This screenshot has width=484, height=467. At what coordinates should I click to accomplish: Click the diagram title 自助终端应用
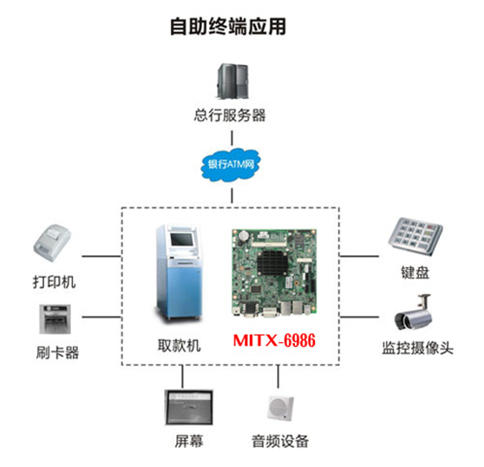click(x=228, y=27)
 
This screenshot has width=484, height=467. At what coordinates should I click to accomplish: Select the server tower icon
click(x=233, y=81)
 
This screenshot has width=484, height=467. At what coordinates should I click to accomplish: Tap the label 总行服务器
click(x=230, y=115)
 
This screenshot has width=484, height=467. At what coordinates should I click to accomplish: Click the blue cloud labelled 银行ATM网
click(x=231, y=165)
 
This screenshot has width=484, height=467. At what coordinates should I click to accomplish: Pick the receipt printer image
click(x=52, y=243)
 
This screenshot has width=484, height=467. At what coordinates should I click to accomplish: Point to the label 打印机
click(x=55, y=282)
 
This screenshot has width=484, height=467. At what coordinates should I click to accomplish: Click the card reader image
click(x=55, y=319)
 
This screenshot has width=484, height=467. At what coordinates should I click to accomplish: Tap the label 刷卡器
click(x=57, y=352)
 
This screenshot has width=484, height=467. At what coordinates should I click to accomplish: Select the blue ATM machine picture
click(x=179, y=273)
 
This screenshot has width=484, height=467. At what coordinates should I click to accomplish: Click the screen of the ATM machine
click(x=182, y=240)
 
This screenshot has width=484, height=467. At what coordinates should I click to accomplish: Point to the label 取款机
click(x=180, y=345)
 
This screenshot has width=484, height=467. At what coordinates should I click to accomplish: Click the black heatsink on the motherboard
click(x=272, y=263)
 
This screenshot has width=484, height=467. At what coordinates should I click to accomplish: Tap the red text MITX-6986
click(x=274, y=340)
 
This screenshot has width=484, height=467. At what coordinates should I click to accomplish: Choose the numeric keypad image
click(x=415, y=235)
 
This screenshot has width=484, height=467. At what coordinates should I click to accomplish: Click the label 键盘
click(x=415, y=273)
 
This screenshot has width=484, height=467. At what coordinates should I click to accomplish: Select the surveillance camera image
click(x=414, y=312)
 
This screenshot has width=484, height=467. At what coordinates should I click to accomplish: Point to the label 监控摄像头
click(x=418, y=348)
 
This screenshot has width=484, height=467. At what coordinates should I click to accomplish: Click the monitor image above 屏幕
click(x=189, y=407)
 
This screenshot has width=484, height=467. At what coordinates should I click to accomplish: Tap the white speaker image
click(x=280, y=408)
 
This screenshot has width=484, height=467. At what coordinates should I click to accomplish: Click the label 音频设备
click(x=280, y=441)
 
